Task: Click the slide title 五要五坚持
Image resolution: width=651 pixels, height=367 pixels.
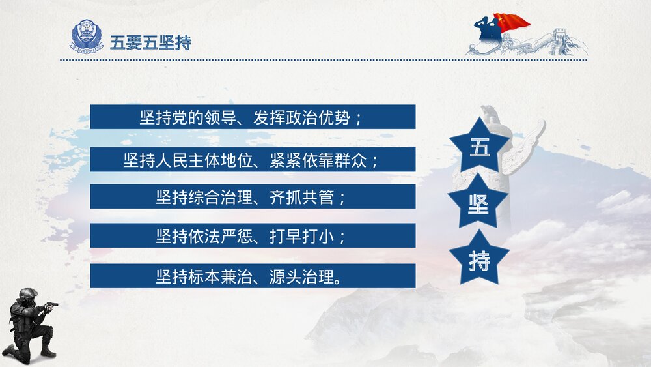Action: click(x=150, y=42)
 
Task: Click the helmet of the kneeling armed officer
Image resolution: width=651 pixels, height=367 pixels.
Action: click(x=27, y=295)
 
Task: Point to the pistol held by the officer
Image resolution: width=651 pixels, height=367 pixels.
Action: click(x=52, y=304)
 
